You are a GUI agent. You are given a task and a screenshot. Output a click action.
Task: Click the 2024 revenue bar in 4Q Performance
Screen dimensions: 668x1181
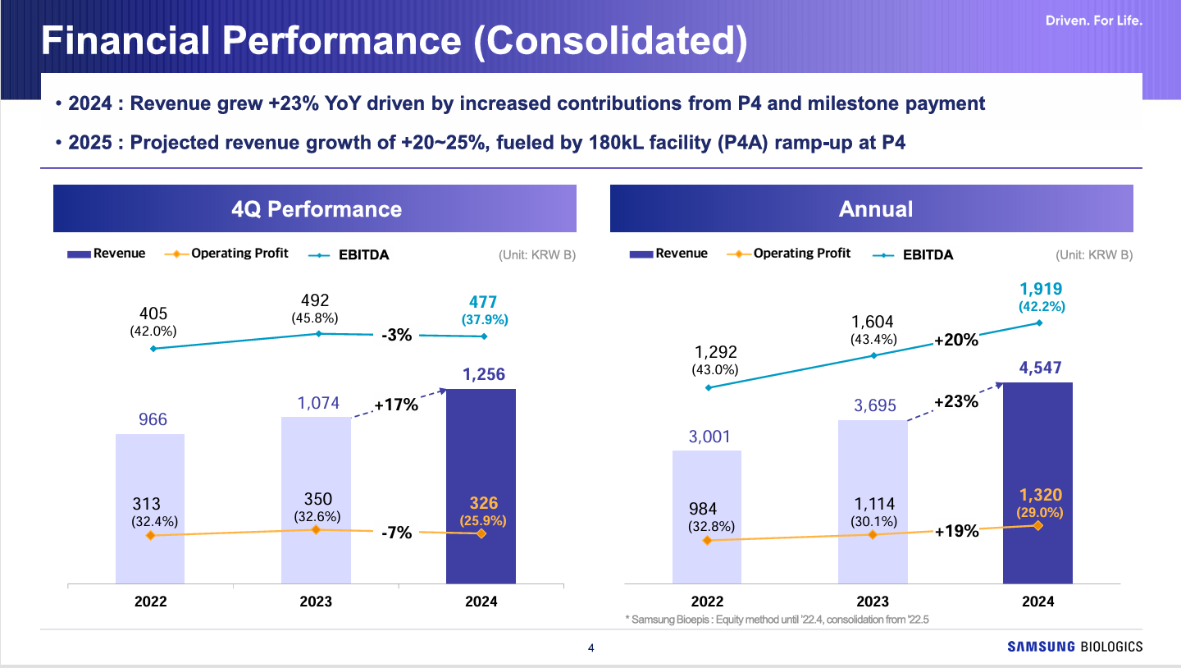481,460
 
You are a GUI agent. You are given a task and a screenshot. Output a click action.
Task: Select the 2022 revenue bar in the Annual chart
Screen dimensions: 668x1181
707,492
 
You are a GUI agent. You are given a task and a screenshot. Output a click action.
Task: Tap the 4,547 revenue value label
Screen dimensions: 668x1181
1038,368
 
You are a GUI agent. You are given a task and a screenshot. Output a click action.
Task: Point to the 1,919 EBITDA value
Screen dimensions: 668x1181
1042,289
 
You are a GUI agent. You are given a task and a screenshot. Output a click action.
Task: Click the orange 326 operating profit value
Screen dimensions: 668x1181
484,503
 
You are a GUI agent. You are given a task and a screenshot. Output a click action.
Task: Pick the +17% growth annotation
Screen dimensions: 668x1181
396,405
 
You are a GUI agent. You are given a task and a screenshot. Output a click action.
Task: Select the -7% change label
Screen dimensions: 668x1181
396,534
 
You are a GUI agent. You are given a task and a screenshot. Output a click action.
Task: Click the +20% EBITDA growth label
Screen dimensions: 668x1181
956,339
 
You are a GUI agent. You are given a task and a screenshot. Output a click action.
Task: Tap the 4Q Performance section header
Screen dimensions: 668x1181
315,208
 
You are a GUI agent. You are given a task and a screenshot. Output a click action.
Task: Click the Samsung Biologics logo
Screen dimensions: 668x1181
1074,647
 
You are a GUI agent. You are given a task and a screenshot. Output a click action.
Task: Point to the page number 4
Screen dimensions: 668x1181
591,648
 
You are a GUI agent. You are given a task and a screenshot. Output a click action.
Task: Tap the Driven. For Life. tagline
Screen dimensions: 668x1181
1093,21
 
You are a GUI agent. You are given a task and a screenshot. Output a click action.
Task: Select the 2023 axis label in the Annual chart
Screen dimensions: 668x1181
872,602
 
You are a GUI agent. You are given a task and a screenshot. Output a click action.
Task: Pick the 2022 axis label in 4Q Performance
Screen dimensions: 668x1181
150,602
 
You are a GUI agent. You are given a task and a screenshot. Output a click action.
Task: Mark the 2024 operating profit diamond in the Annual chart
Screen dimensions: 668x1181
1038,525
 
